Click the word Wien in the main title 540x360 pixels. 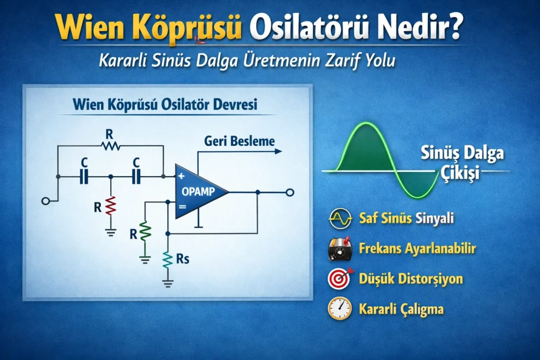(89, 27)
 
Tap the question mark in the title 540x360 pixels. (454, 26)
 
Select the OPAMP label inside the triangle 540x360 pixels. (198, 191)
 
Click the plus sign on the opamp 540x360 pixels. (181, 176)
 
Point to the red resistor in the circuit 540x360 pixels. (111, 206)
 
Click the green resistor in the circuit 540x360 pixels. (145, 230)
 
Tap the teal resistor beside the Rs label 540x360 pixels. (168, 259)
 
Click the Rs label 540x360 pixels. (182, 259)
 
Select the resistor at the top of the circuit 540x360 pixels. (111, 146)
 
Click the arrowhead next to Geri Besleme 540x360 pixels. (278, 151)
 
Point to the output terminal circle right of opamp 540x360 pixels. (290, 192)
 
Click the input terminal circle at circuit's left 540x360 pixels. (45, 201)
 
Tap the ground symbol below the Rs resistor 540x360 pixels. (168, 284)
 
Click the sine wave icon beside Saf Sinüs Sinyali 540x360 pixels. (340, 218)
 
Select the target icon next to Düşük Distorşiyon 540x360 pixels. (340, 278)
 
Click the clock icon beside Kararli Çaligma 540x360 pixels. (340, 308)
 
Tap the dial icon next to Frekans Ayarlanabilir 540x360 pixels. (340, 249)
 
